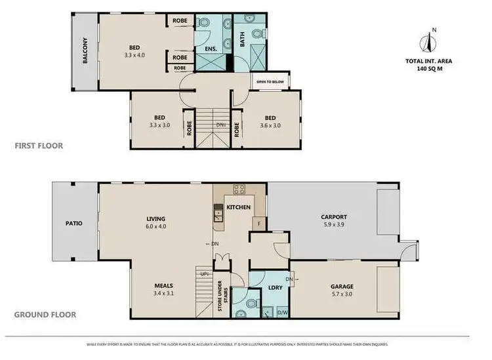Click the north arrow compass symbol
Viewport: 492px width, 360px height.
coord(430,41)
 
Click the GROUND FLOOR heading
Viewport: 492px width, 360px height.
coord(45,315)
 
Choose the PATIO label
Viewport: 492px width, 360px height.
coord(73,223)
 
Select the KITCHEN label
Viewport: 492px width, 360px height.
coord(239,207)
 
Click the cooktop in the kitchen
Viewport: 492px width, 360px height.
coord(239,190)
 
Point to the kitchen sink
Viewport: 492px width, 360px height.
coord(218,212)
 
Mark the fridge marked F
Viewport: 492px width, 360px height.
coord(259,224)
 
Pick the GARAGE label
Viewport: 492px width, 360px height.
coord(341,287)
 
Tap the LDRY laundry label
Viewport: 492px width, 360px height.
coord(275,289)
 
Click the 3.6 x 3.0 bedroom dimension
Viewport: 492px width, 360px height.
coord(270,126)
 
